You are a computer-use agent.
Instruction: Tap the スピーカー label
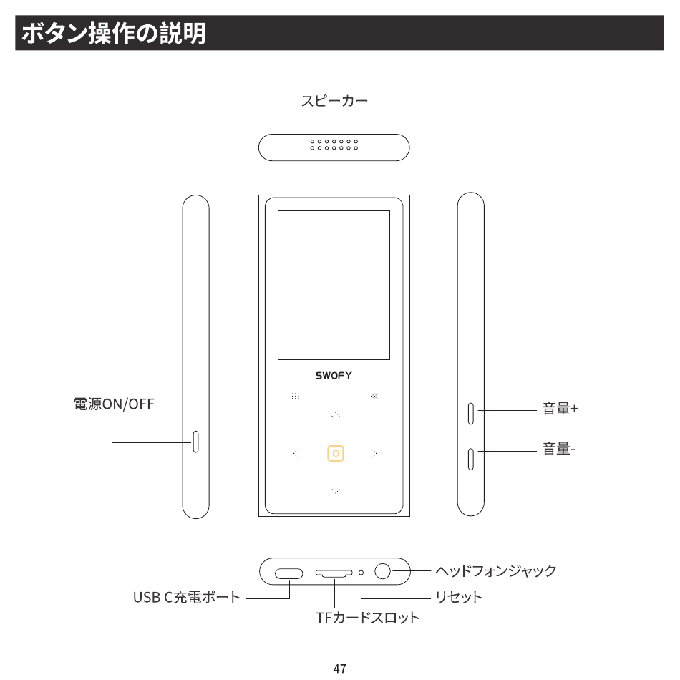[x=334, y=101]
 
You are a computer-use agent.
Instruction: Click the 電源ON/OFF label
[x=115, y=404]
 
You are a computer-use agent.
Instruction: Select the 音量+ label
[x=560, y=409]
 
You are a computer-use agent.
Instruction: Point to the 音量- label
[x=558, y=449]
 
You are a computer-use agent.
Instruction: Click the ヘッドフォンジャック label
[x=495, y=570]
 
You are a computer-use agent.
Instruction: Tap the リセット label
[x=459, y=596]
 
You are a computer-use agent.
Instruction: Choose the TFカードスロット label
[x=367, y=617]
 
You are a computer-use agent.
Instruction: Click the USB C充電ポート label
[x=187, y=596]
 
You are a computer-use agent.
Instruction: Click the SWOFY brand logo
[x=334, y=376]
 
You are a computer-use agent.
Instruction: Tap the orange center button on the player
[x=336, y=453]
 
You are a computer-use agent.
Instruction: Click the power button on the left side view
[x=195, y=442]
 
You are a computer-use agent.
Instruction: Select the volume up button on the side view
[x=471, y=413]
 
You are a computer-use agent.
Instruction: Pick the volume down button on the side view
[x=471, y=458]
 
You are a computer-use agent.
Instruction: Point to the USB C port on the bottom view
[x=289, y=573]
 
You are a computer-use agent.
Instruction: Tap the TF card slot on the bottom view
[x=334, y=573]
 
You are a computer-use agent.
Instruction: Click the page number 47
[x=340, y=669]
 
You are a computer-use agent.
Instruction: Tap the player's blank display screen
[x=334, y=285]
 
